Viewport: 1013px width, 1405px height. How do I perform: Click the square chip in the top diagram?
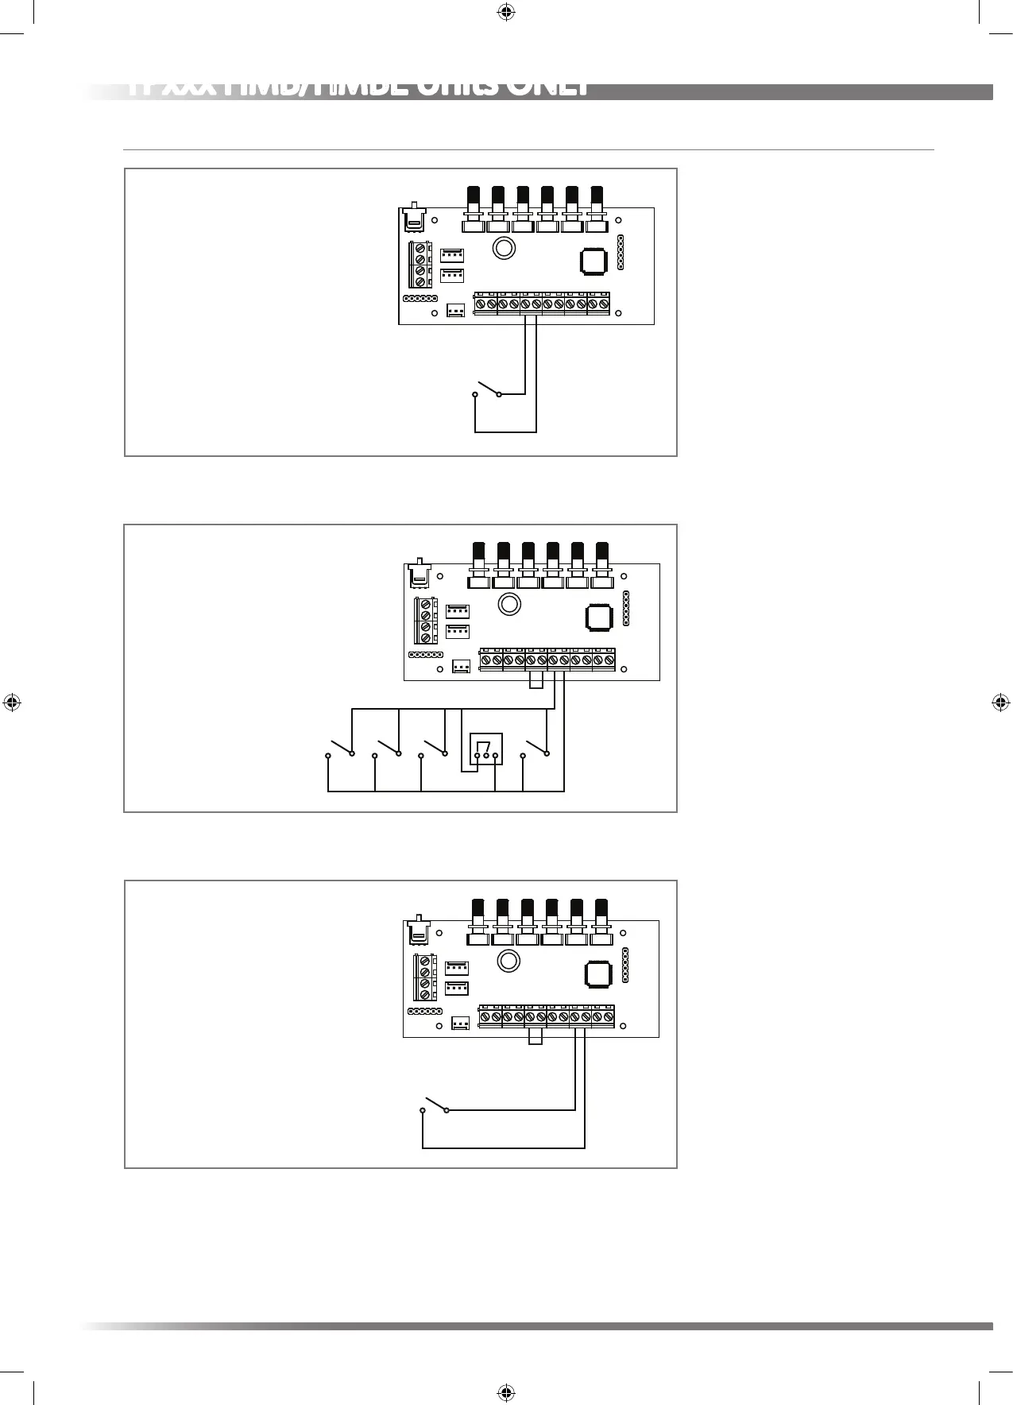[593, 261]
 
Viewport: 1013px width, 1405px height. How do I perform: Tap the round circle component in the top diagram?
[503, 248]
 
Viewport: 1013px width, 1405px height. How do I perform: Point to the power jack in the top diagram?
[412, 218]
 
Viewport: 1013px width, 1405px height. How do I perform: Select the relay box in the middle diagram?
[486, 749]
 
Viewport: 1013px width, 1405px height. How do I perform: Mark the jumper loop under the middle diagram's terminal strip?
[536, 679]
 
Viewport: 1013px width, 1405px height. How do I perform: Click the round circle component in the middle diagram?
[508, 604]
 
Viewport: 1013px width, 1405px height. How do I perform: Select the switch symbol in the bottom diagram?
[435, 1105]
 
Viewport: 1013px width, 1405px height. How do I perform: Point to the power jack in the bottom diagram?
[417, 931]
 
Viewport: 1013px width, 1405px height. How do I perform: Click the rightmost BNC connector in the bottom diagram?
[601, 921]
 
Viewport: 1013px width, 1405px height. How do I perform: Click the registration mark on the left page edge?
[12, 702]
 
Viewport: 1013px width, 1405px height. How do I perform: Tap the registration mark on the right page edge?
[1000, 702]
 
